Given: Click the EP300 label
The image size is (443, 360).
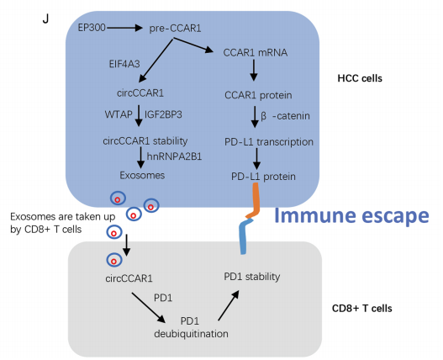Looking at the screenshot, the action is pyautogui.click(x=92, y=28).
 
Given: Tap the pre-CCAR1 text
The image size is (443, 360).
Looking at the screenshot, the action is pyautogui.click(x=175, y=29).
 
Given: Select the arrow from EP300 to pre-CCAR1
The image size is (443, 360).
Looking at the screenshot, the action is pyautogui.click(x=124, y=28).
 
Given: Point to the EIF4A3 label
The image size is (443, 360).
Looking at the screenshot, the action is pyautogui.click(x=124, y=64).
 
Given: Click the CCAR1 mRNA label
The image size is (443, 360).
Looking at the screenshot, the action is pyautogui.click(x=256, y=53).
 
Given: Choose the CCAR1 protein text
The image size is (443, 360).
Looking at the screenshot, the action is pyautogui.click(x=258, y=95).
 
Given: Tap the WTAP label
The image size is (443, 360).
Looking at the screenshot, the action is pyautogui.click(x=119, y=114).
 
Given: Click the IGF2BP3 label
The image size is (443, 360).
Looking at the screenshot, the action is pyautogui.click(x=163, y=114).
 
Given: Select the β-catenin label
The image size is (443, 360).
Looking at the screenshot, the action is pyautogui.click(x=285, y=116).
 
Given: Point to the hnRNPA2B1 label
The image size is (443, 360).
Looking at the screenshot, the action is pyautogui.click(x=174, y=156).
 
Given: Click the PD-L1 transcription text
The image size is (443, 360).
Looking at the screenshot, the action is pyautogui.click(x=269, y=141).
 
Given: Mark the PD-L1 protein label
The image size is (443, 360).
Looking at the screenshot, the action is pyautogui.click(x=263, y=177).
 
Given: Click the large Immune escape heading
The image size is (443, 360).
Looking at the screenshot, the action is pyautogui.click(x=351, y=215).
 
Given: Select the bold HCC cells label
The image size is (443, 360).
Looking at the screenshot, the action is pyautogui.click(x=360, y=78).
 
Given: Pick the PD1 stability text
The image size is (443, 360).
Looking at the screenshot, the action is pyautogui.click(x=252, y=277).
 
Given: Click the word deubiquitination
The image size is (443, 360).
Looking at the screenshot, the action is pyautogui.click(x=192, y=334).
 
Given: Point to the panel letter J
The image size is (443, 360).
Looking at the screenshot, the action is pyautogui.click(x=45, y=19).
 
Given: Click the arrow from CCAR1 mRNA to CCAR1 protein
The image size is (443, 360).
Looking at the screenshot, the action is pyautogui.click(x=254, y=70).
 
